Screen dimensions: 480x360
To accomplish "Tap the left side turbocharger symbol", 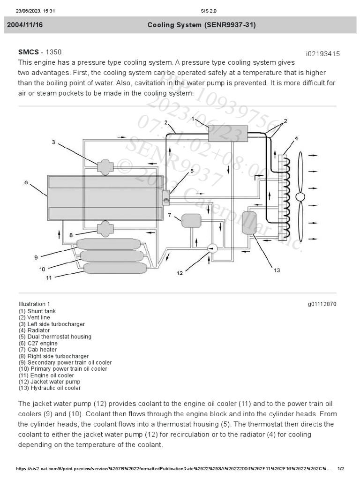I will (x=104, y=165).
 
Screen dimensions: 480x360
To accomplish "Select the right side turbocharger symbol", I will (x=104, y=229).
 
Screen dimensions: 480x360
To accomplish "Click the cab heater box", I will (x=191, y=220).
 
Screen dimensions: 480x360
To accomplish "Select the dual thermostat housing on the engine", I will (x=166, y=196).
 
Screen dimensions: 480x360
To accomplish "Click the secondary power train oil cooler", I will (x=108, y=244).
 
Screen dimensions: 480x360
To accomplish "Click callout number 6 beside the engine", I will (x=26, y=183).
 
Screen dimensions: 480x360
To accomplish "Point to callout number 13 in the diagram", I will (x=277, y=270).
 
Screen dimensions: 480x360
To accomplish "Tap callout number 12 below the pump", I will (x=180, y=273).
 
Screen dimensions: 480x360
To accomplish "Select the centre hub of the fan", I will (x=300, y=197).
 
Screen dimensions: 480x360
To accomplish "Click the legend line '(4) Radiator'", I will (x=34, y=330).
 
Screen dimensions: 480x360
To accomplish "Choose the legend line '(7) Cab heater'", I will (x=37, y=350).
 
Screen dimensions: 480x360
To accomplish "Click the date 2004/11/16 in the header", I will (x=25, y=25).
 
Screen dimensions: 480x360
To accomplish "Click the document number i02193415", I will (x=322, y=54).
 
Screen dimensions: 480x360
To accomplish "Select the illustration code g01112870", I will (x=322, y=304).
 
